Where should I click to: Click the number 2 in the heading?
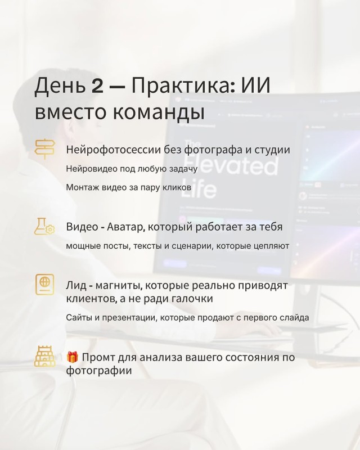click(97, 85)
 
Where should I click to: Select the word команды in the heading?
click(159, 112)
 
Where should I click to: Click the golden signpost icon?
click(45, 149)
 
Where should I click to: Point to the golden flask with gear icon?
click(44, 227)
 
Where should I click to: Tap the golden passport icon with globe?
click(45, 285)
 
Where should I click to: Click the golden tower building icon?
click(45, 357)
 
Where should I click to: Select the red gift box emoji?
click(73, 357)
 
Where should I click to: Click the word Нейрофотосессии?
click(113, 150)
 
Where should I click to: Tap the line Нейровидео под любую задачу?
click(132, 169)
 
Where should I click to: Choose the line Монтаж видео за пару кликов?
click(129, 187)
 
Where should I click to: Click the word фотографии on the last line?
click(99, 371)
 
